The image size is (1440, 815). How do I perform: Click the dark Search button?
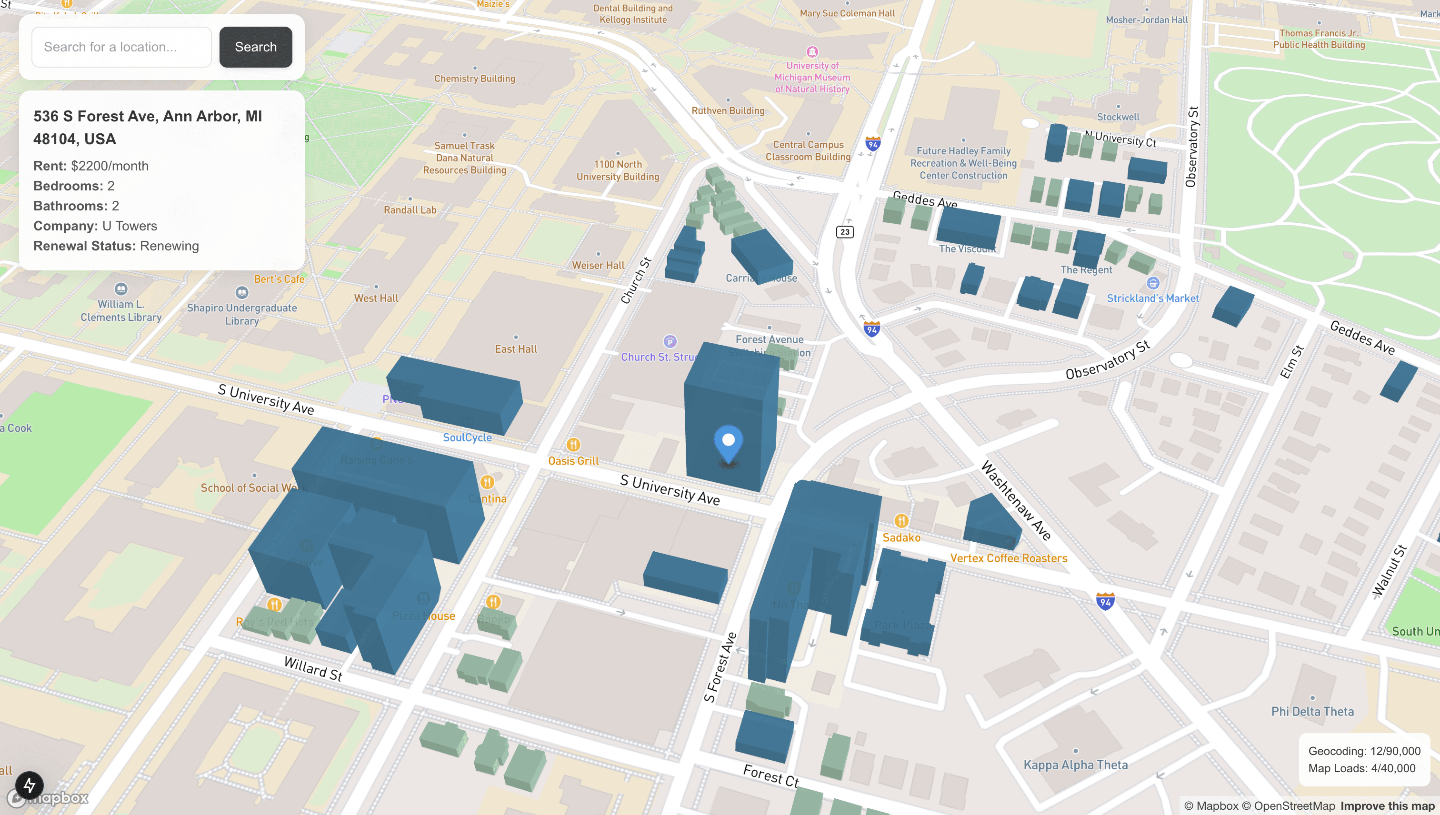pos(255,47)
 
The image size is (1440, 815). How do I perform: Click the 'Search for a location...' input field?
pos(121,47)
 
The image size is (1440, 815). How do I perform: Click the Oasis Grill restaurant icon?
pos(573,445)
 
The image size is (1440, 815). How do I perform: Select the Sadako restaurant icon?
pos(901,521)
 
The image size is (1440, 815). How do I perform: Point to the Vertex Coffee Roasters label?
pos(1009,558)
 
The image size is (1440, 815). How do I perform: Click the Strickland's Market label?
pos(1152,298)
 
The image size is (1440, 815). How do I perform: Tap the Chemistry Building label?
pos(474,79)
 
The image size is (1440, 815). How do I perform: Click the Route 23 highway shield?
pos(844,232)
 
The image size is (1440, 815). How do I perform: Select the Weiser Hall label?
pos(598,265)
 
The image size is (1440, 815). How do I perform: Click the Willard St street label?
pos(313,668)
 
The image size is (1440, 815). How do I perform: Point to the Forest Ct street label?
pos(770,776)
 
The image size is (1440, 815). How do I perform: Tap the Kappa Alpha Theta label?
pos(1075,765)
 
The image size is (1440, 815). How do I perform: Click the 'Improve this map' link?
pos(1387,806)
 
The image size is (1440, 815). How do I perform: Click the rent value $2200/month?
pos(110,166)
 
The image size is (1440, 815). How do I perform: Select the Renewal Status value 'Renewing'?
pos(169,246)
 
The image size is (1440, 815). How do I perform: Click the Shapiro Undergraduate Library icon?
pos(241,292)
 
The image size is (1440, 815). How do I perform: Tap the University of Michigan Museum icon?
pos(812,52)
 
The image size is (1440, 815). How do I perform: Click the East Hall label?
pos(515,349)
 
